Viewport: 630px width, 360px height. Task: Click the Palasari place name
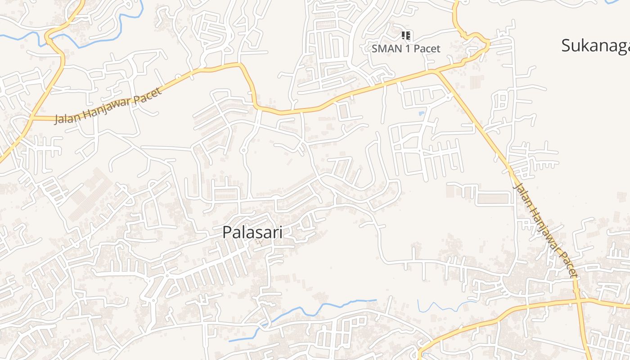(252, 232)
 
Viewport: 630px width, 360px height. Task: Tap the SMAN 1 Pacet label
(406, 48)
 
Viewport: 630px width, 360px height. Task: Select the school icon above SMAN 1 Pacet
(406, 35)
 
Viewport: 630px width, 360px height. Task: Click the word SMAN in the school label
(385, 48)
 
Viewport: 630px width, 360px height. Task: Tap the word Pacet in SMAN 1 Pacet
(426, 48)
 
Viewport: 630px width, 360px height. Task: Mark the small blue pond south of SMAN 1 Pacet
(422, 113)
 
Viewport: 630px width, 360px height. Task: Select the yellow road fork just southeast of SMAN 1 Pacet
(435, 71)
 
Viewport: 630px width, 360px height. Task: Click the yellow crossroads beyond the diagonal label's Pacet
(577, 300)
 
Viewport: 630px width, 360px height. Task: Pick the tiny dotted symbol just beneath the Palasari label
(258, 242)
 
